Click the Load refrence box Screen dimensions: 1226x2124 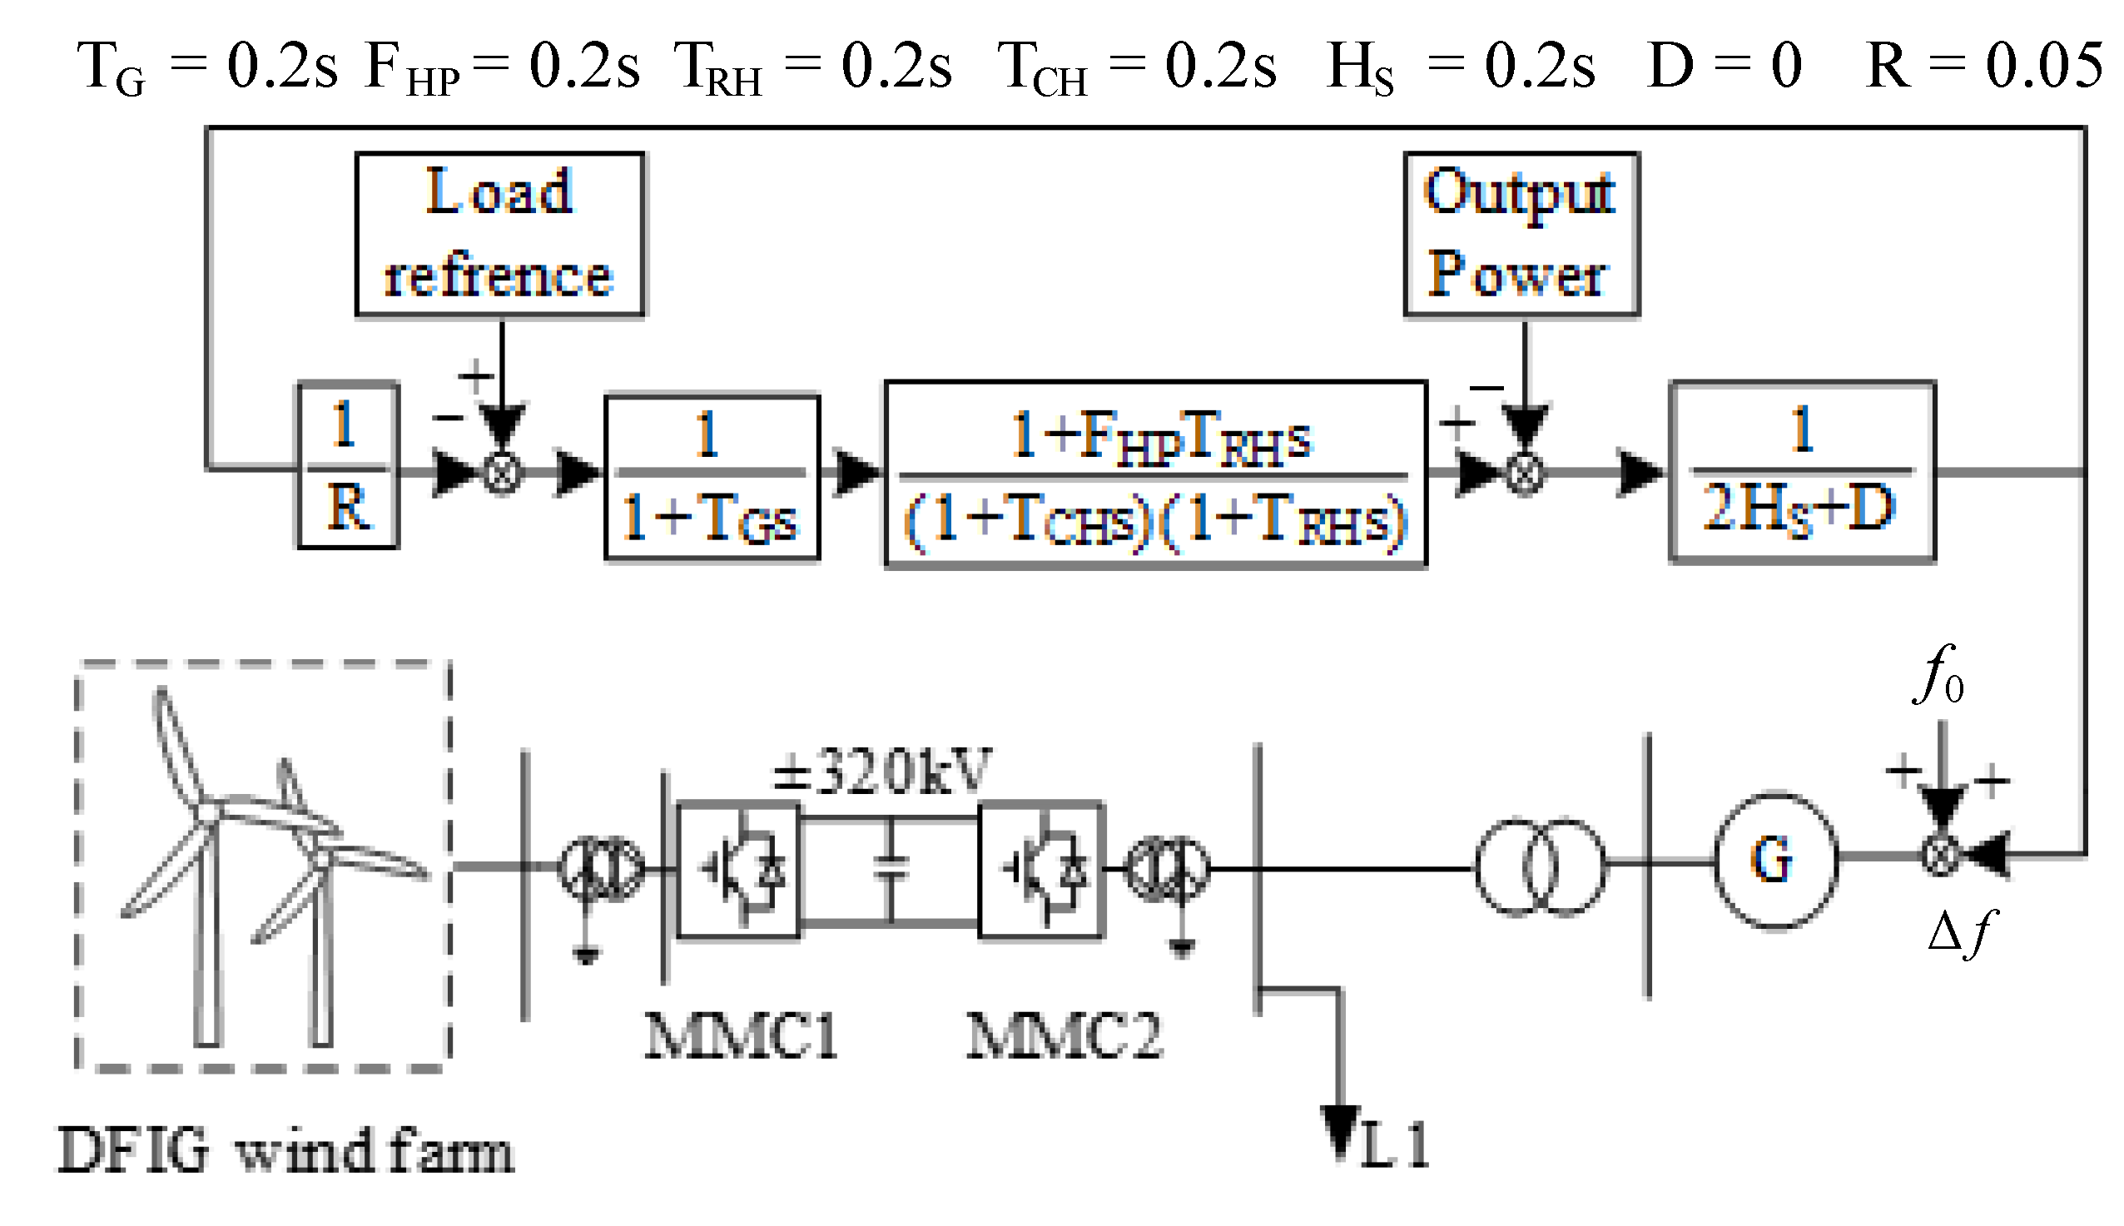(499, 234)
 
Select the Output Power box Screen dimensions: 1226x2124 (1521, 234)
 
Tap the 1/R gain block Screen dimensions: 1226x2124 (348, 465)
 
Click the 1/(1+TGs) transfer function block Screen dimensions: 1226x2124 (712, 477)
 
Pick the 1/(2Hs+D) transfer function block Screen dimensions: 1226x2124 (1802, 472)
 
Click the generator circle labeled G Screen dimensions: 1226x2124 (1775, 860)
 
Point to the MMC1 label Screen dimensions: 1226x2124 (741, 1035)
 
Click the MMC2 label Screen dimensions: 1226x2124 (1064, 1035)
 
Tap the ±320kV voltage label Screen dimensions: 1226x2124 (881, 771)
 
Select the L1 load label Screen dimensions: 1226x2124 (1394, 1144)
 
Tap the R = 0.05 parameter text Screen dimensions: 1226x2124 (1983, 66)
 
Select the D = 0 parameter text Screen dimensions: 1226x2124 (1725, 66)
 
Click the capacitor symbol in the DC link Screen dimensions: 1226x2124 (891, 868)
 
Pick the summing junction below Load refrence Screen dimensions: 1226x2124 (502, 473)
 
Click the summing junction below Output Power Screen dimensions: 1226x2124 (1524, 473)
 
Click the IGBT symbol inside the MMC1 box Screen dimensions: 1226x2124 (741, 869)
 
